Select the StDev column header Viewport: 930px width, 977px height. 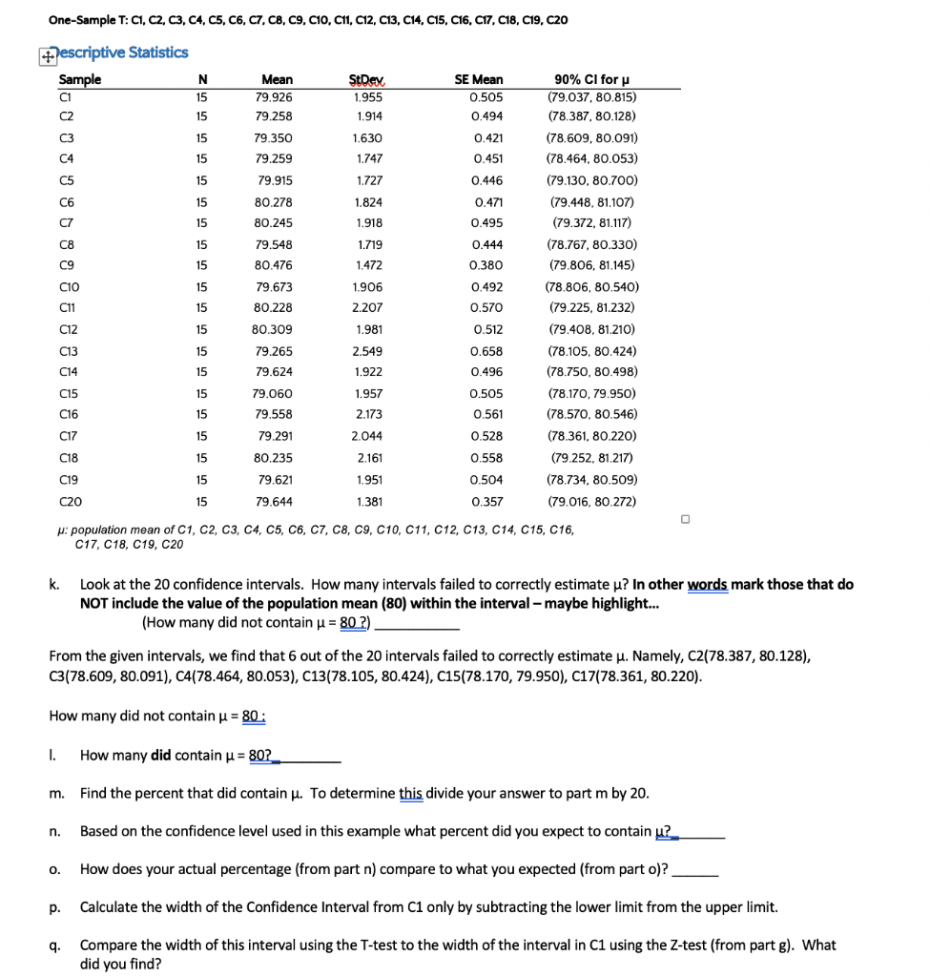click(x=363, y=80)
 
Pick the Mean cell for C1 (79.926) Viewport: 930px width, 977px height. click(x=275, y=96)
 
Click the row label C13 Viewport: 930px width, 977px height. click(x=69, y=350)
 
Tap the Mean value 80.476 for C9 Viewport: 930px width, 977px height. click(x=275, y=265)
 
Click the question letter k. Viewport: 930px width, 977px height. click(x=54, y=584)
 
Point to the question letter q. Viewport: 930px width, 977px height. click(x=54, y=946)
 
